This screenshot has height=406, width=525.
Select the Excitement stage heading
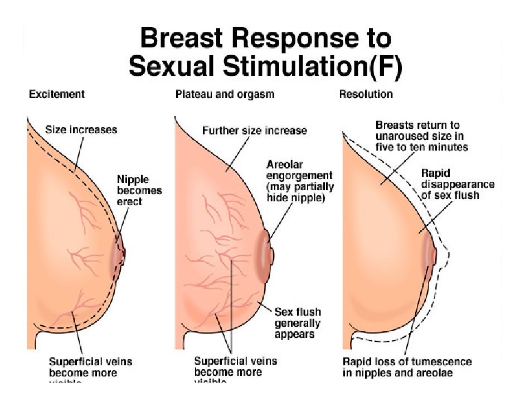[57, 94]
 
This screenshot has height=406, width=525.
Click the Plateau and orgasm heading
[225, 94]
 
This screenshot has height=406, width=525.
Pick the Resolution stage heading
[366, 94]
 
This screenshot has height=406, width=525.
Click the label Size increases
[81, 129]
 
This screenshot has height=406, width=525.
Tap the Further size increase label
[254, 130]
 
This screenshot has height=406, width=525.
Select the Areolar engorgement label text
[299, 181]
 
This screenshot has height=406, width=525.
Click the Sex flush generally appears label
[298, 323]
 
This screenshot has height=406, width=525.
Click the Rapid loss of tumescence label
[407, 367]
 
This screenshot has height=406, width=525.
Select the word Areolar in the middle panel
[285, 165]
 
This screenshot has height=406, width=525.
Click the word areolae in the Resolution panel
[436, 373]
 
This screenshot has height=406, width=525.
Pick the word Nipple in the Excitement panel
[133, 179]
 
